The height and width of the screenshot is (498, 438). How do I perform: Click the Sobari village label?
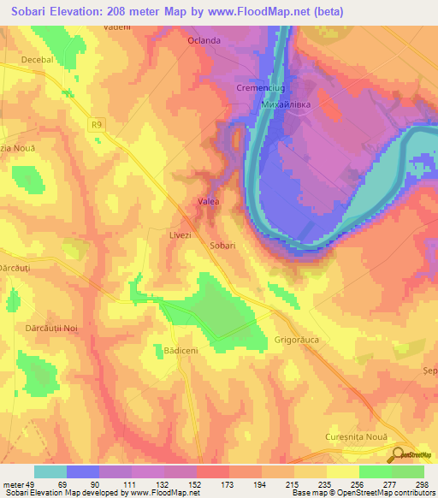[x=222, y=245]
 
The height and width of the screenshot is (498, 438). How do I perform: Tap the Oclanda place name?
[x=204, y=40]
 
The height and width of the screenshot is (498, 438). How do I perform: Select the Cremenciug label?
[x=258, y=88]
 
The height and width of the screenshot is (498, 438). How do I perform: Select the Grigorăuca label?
[x=298, y=316]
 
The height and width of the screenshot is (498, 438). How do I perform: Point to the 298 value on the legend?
[x=420, y=483]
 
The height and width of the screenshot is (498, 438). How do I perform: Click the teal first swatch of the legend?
[x=50, y=471]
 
